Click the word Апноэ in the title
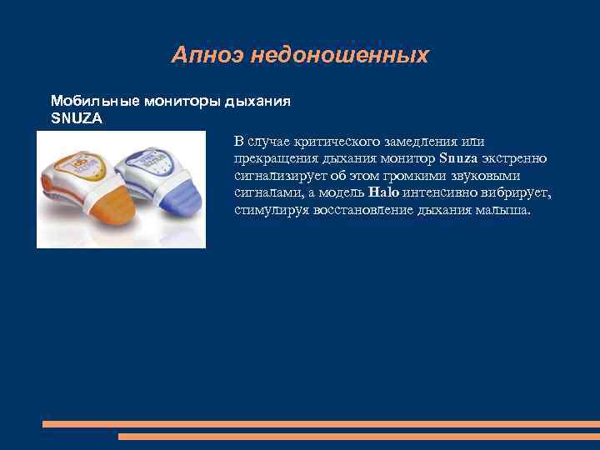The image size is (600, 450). coord(197,56)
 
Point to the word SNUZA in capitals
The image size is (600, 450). coord(77,118)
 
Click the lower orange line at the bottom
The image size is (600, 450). coord(358,436)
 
